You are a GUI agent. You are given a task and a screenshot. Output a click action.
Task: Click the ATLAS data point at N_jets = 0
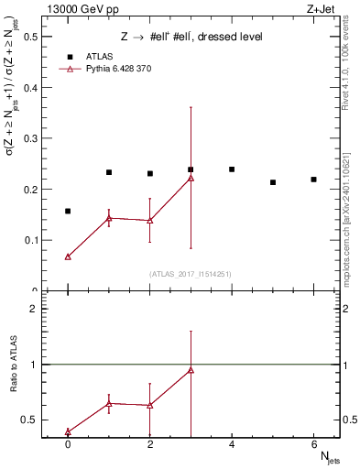[x=68, y=212]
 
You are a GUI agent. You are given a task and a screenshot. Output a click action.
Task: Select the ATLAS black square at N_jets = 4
[x=232, y=169]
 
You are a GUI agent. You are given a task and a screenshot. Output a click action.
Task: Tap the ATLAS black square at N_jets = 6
[x=313, y=180]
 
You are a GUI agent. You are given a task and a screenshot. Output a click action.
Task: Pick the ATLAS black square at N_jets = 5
[x=273, y=182]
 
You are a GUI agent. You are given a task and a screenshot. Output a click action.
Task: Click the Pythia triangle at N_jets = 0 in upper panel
[x=68, y=257]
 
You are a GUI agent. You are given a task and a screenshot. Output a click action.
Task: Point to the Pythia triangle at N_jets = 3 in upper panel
[x=191, y=178]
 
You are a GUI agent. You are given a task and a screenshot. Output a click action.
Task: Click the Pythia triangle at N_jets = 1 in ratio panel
[x=109, y=403]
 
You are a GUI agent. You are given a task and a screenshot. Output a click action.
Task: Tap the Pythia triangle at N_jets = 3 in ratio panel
[x=191, y=370]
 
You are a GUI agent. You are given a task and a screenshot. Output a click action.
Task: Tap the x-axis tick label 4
[x=232, y=445]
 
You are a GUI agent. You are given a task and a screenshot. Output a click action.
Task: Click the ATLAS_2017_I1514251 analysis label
[x=191, y=274]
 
